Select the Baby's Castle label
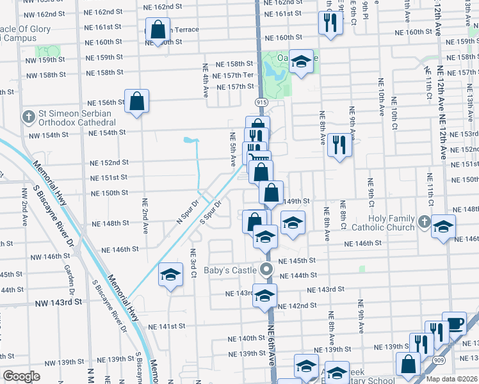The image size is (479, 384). click(230, 270)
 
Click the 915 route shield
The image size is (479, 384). click(261, 102)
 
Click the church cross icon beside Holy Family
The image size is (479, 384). click(423, 222)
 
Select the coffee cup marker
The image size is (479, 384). click(454, 323)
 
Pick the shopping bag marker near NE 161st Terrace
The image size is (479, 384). click(158, 29)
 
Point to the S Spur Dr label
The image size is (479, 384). click(211, 213)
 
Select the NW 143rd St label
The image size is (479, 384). click(60, 301)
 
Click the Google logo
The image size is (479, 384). click(22, 376)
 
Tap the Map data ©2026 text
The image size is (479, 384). click(451, 379)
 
